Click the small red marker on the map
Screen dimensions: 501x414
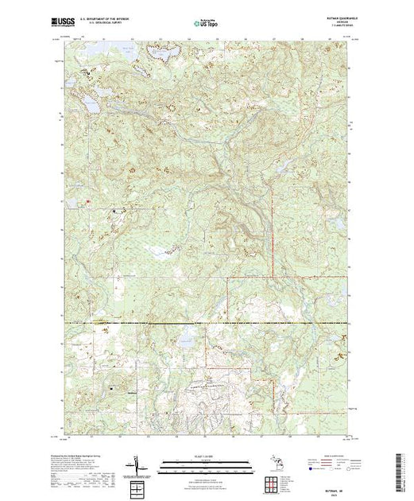87,201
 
